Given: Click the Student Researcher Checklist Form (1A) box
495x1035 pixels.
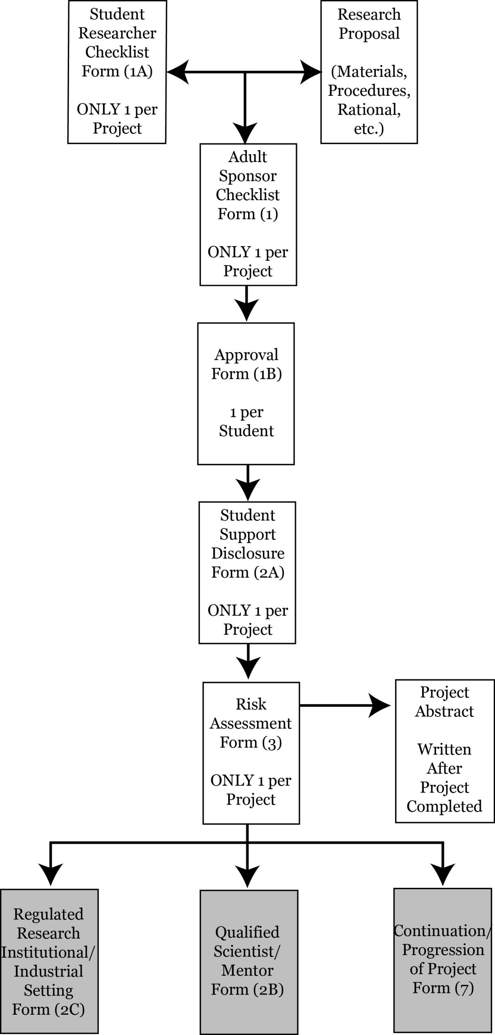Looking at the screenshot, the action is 117,72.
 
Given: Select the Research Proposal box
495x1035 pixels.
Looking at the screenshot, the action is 369,72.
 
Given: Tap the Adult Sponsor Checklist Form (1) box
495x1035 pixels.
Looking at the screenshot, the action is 248,215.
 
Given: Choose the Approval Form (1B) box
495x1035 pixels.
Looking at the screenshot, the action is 246,394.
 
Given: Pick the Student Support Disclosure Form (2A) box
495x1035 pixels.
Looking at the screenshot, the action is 247,573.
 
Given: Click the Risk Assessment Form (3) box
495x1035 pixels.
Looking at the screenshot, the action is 251,753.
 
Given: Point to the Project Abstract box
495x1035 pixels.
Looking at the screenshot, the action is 444,751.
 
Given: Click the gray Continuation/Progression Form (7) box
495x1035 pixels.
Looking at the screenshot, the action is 443,960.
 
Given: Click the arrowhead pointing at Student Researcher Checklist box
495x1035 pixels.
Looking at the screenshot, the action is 178,72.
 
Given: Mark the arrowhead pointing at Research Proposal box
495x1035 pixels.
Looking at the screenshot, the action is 311,72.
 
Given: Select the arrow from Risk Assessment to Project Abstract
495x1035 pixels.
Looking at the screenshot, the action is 345,706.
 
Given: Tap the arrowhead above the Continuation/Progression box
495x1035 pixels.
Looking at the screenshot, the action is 443,874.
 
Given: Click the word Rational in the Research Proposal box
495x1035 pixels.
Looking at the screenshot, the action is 369,110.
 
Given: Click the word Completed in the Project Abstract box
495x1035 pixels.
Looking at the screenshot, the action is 444,807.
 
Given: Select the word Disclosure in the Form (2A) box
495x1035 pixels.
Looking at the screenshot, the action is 248,553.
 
